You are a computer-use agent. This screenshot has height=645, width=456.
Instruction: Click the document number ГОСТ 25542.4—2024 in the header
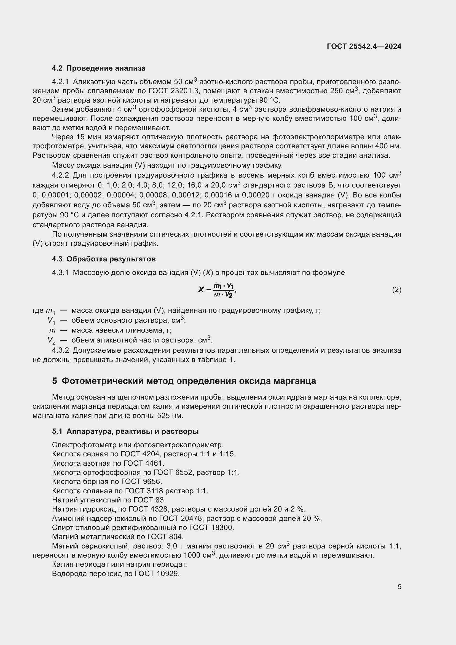pos(364,46)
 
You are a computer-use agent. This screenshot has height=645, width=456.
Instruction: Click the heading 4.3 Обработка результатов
pos(104,259)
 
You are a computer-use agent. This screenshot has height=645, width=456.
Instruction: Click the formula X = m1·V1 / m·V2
pos(217,290)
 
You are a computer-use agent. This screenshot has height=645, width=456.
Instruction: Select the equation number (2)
pos(396,290)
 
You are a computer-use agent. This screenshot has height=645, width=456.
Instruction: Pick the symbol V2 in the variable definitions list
pos(51,341)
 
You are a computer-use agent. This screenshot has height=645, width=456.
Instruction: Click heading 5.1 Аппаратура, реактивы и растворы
pos(125,432)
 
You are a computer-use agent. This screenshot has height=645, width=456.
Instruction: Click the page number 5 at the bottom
pos(399,587)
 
